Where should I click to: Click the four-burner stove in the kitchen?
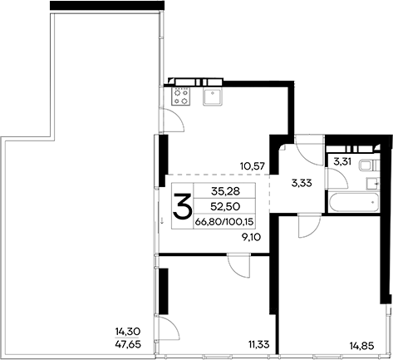[x=181, y=96]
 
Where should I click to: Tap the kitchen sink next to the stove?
[x=212, y=96]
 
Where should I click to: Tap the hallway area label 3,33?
[x=300, y=185]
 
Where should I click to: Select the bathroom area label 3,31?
[x=341, y=161]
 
